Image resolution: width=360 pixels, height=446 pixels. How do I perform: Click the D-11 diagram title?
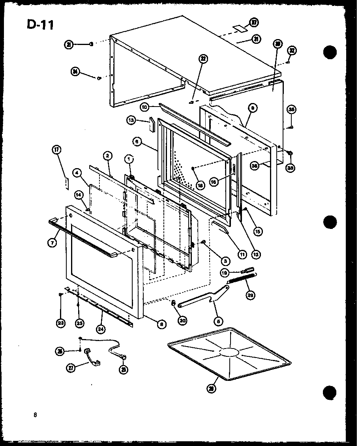41,24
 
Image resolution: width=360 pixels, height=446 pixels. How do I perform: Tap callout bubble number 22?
203,59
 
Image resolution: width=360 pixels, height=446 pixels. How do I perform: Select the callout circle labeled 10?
144,107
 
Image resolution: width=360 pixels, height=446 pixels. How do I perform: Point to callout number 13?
132,120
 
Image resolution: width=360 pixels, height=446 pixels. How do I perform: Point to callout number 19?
225,272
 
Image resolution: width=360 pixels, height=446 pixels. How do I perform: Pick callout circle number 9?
253,107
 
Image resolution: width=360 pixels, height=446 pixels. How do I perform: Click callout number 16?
215,182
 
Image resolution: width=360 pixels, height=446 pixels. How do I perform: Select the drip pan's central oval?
229,352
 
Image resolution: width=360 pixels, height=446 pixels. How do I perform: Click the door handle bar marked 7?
83,236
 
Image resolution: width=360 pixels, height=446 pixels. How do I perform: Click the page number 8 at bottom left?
36,414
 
